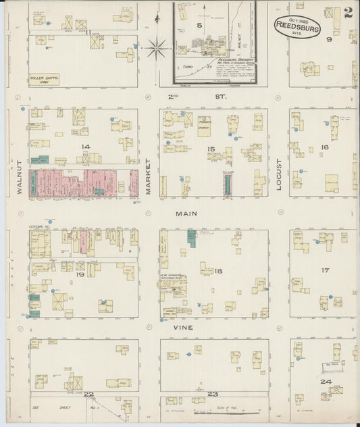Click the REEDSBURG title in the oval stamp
297,28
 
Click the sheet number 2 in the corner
348,13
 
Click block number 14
85,146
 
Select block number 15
211,149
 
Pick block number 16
325,147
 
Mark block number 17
325,270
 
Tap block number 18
218,271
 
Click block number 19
80,275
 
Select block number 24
326,382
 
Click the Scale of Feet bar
225,409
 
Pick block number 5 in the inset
199,25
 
